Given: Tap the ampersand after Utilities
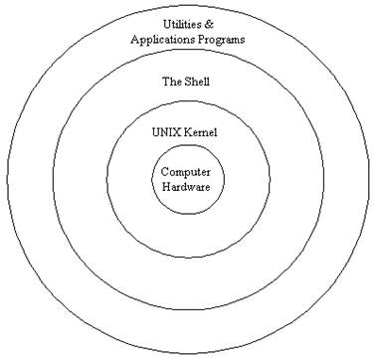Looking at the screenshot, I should [x=210, y=23].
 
